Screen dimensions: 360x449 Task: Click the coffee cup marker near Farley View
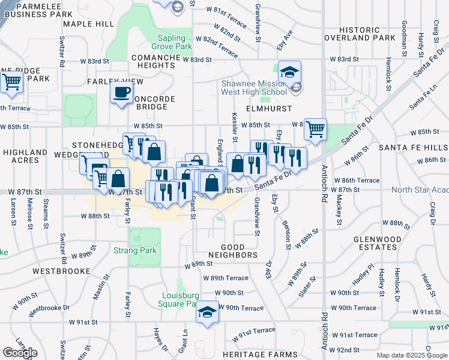(x=122, y=93)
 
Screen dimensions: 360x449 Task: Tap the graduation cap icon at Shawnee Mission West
(x=289, y=73)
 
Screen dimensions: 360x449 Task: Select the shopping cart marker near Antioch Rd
(x=315, y=129)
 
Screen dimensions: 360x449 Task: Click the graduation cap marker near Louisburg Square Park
(x=208, y=312)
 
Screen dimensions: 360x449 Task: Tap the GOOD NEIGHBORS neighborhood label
(x=239, y=251)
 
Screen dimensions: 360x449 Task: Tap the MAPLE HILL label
(x=88, y=23)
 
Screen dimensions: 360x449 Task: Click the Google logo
(x=20, y=353)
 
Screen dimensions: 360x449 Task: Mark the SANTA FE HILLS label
(x=411, y=148)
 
